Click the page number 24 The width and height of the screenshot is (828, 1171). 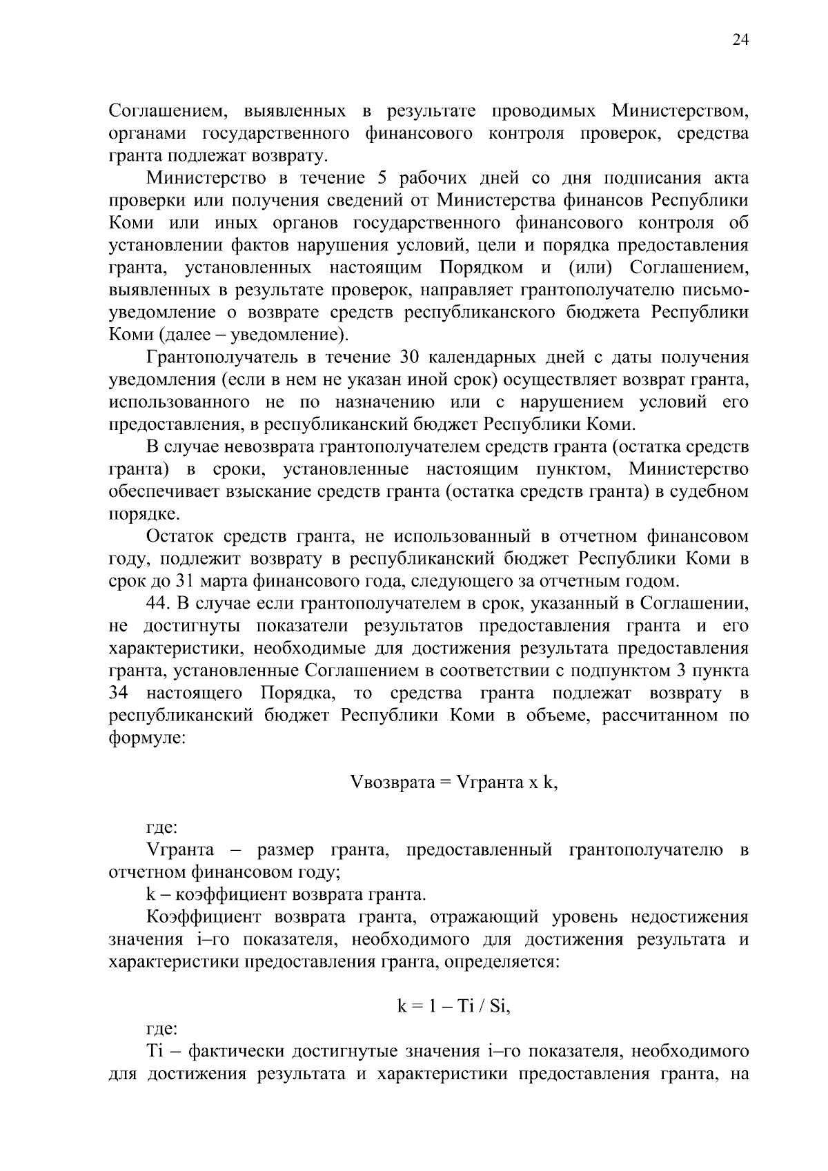740,40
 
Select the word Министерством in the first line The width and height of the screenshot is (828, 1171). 680,111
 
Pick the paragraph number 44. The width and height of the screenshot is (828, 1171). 158,603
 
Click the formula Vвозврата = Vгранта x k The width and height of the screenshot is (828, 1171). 454,783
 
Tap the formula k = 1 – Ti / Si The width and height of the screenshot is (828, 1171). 453,1007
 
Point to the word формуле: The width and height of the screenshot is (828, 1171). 146,737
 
